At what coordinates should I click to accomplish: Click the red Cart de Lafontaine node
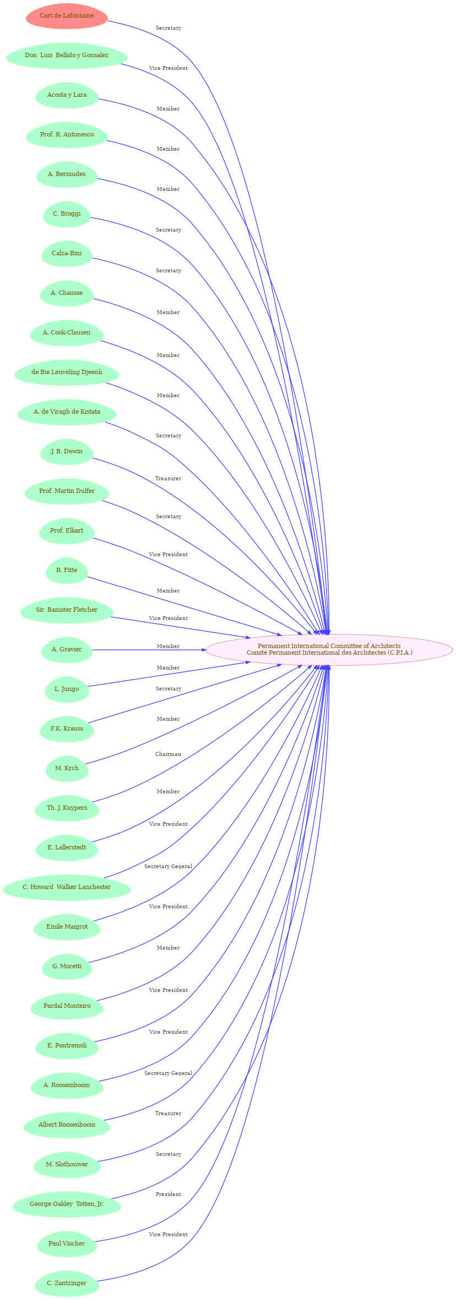click(x=67, y=16)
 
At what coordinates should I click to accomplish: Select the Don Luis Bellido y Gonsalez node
click(x=67, y=56)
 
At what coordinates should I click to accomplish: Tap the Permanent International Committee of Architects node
click(x=329, y=650)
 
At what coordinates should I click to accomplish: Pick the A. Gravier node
click(x=67, y=650)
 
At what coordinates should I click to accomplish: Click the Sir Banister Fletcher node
click(x=67, y=610)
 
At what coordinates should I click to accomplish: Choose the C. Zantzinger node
click(x=67, y=1283)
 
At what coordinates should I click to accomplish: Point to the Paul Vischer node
click(x=67, y=1244)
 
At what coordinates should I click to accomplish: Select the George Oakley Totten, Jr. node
click(x=67, y=1204)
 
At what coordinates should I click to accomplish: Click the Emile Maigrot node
click(x=67, y=927)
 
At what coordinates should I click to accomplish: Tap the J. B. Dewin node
click(x=67, y=452)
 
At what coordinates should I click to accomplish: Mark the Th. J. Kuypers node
click(x=67, y=808)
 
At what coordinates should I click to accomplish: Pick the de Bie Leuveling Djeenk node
click(x=67, y=372)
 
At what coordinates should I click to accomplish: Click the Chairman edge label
click(x=168, y=754)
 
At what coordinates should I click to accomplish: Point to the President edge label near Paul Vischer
click(x=168, y=1194)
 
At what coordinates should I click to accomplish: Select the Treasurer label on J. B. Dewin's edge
click(x=168, y=479)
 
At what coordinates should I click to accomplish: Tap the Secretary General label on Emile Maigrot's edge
click(x=168, y=866)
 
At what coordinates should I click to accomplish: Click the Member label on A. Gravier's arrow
click(x=168, y=646)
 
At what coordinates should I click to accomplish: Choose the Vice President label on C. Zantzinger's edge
click(x=168, y=1235)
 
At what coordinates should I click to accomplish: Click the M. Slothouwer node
click(x=67, y=1165)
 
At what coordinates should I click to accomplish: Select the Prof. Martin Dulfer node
click(x=67, y=491)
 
